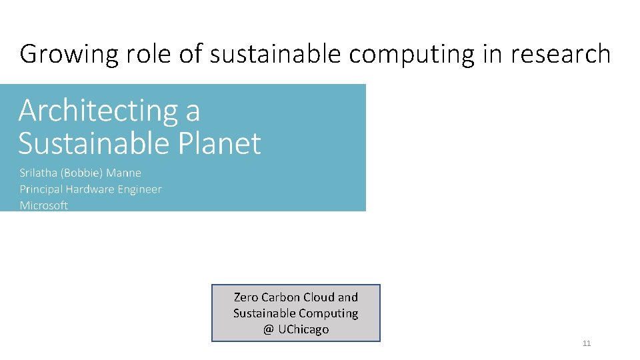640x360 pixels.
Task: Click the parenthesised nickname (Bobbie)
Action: click(x=83, y=173)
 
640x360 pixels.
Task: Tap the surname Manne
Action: click(x=124, y=173)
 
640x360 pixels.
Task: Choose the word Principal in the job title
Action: click(x=41, y=189)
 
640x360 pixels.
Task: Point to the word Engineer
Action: click(x=139, y=189)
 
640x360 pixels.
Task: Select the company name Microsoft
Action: click(x=44, y=205)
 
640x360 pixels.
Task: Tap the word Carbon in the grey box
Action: click(x=280, y=297)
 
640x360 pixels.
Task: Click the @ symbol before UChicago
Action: click(x=269, y=329)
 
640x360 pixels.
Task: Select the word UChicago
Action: click(x=303, y=329)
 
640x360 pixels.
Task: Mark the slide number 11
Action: click(x=587, y=343)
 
